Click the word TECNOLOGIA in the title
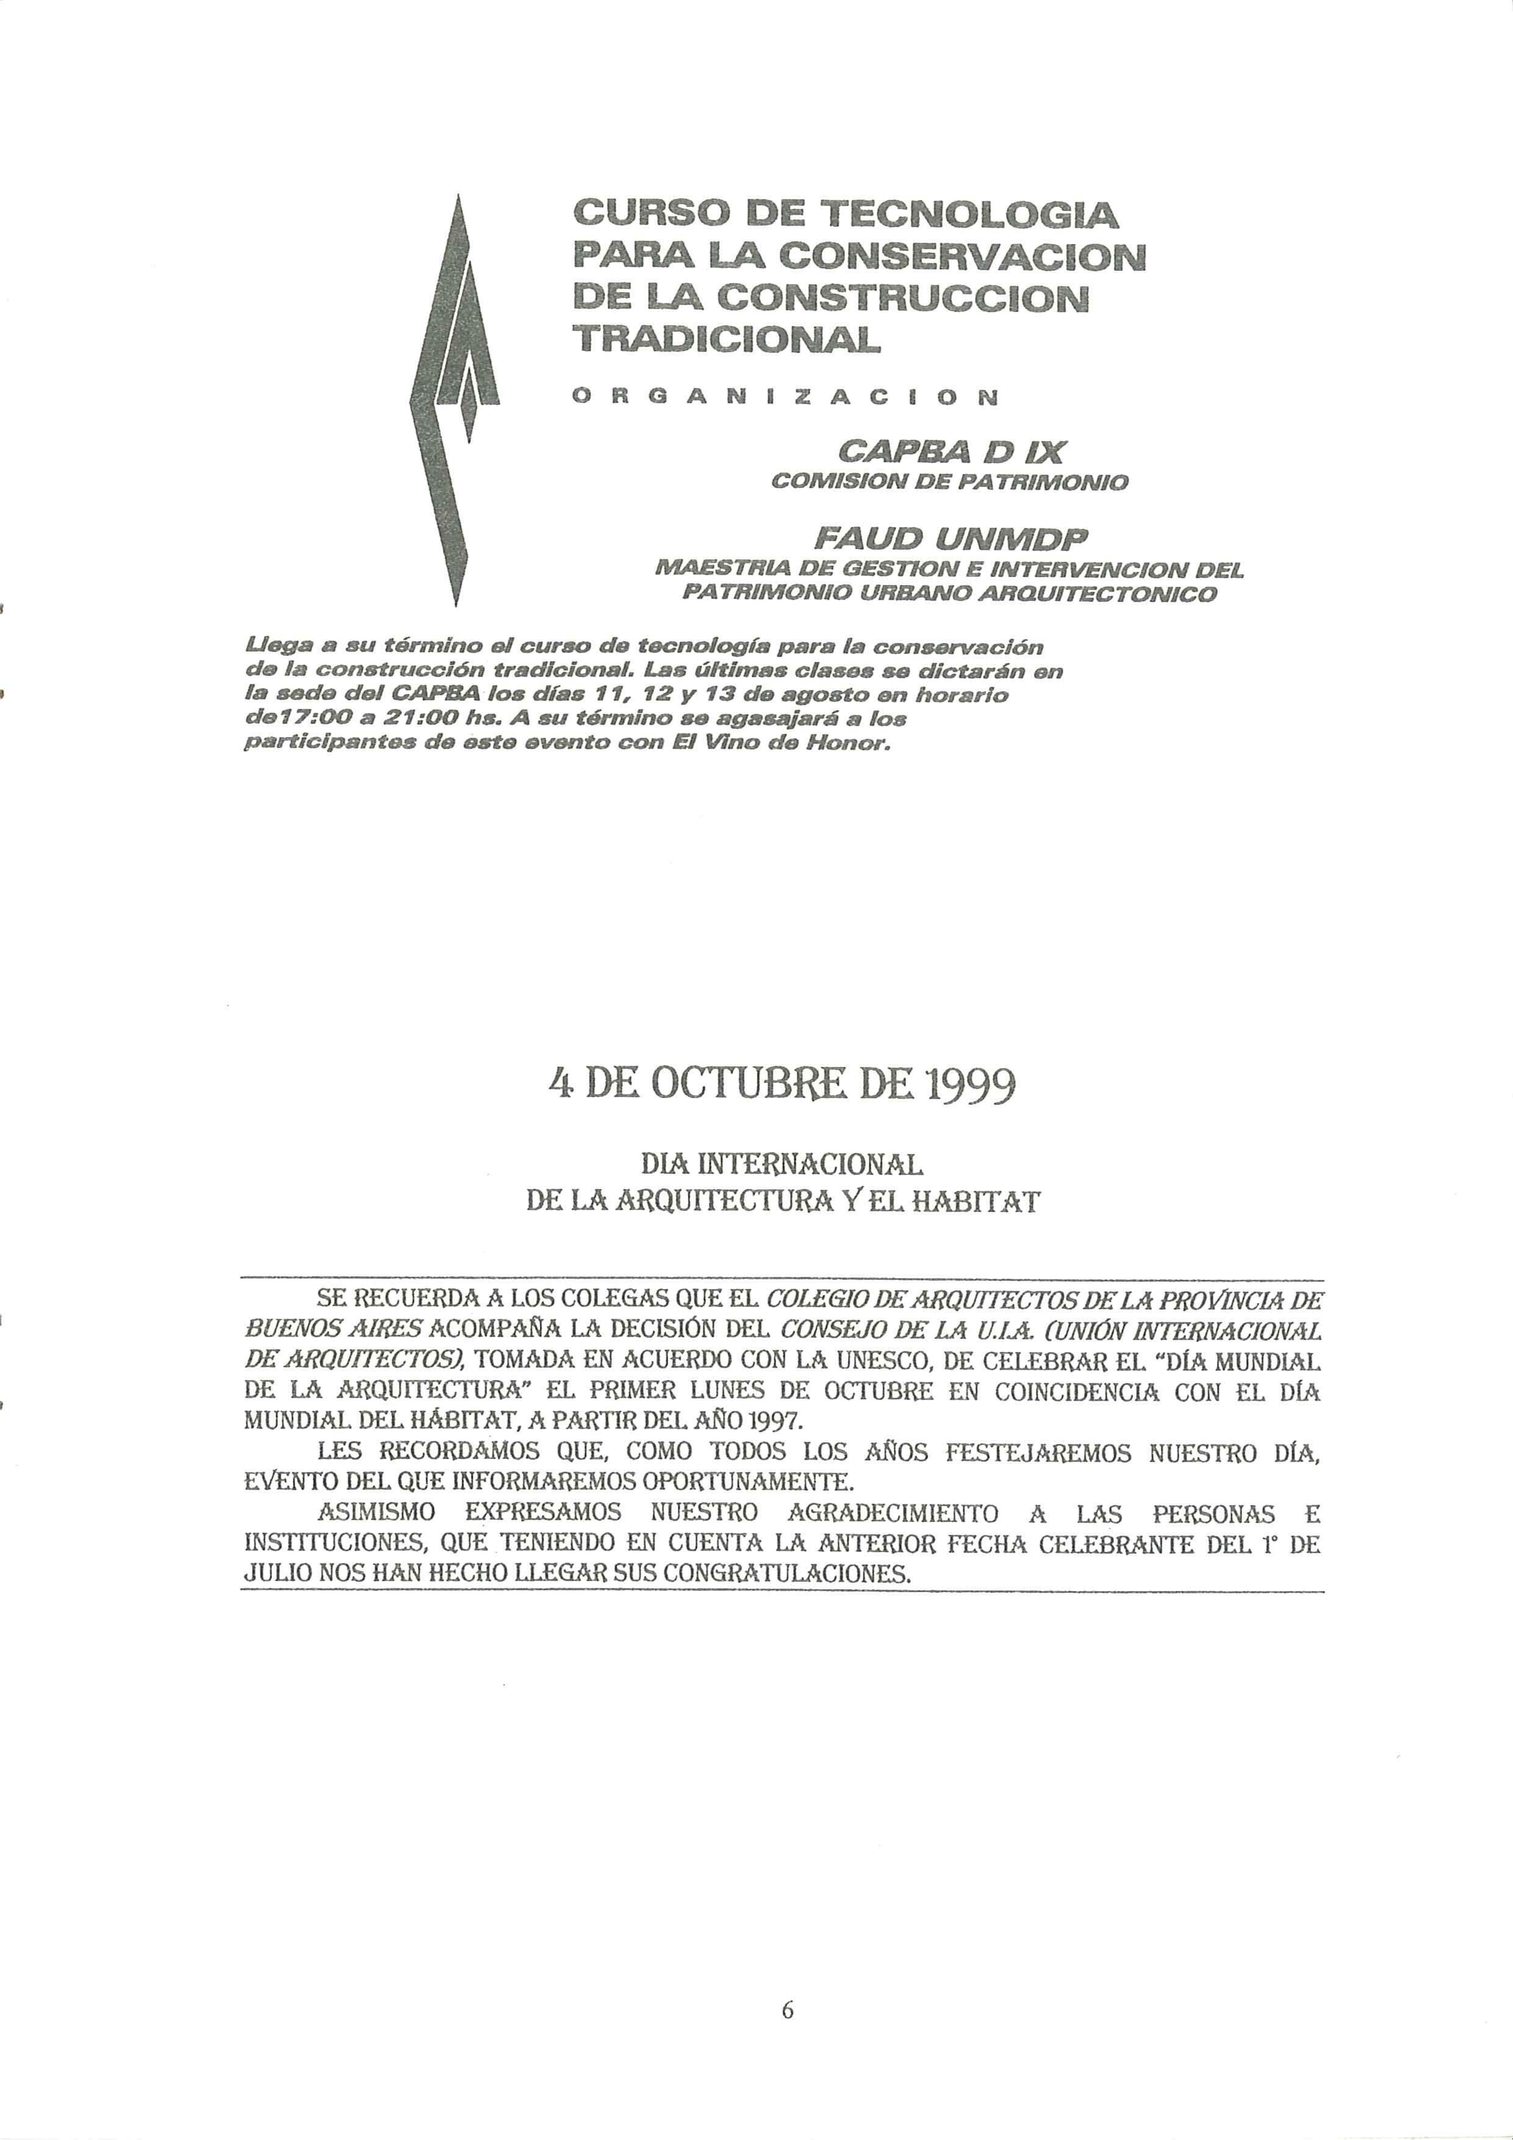tap(967, 215)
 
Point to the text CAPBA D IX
tap(951, 453)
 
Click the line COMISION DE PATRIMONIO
tap(950, 483)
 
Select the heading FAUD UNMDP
tap(951, 539)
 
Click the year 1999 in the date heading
tap(969, 1085)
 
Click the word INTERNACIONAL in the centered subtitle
tap(810, 1165)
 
